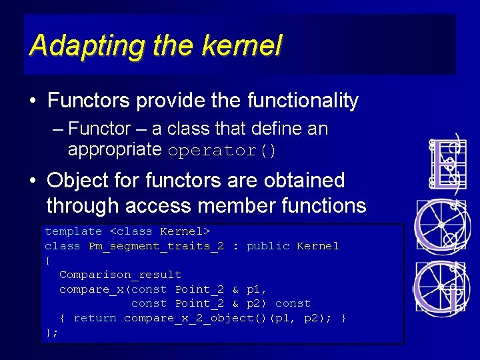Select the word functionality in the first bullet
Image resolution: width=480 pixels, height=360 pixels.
pos(303,101)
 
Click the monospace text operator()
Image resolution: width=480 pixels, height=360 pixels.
pos(222,150)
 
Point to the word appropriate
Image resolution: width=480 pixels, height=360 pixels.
pos(115,149)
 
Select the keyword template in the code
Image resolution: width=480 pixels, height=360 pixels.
pos(73,231)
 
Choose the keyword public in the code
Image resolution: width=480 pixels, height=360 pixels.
pos(268,246)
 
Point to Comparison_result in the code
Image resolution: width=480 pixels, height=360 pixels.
pos(120,275)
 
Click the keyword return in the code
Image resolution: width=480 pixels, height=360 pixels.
pos(95,318)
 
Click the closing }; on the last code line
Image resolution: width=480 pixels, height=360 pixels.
pos(51,332)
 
